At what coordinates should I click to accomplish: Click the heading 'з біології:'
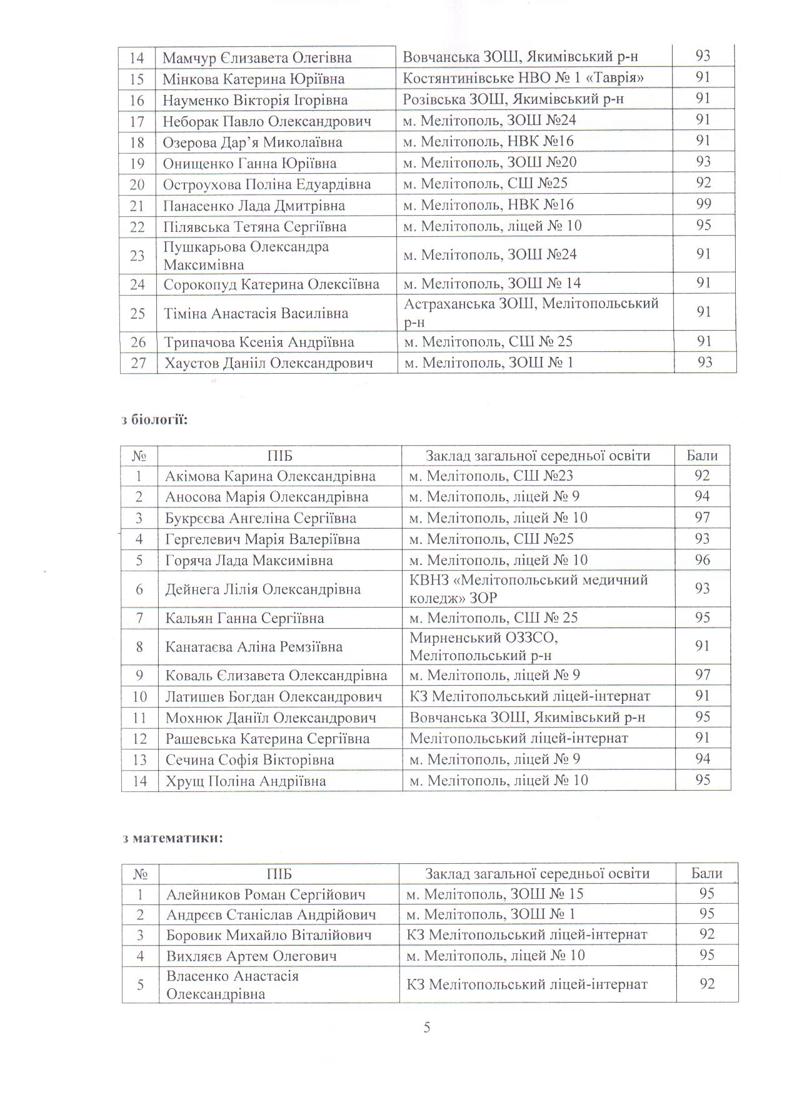coord(154,419)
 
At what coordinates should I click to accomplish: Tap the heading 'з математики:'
coord(173,838)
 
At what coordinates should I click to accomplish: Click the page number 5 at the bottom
coord(427,1028)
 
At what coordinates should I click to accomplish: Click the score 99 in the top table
coord(703,204)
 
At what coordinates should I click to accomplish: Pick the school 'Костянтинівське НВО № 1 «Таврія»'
coord(523,78)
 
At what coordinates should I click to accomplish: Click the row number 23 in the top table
coord(138,256)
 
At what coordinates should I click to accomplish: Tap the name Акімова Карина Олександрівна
coord(270,476)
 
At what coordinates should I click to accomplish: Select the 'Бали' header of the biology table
coord(702,456)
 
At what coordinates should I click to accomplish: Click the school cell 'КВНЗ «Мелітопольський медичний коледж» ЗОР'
coord(529,589)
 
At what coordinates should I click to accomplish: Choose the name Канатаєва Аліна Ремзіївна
coord(254,647)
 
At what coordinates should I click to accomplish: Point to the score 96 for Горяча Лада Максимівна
coord(703,559)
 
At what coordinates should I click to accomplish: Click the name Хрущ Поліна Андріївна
coord(245,781)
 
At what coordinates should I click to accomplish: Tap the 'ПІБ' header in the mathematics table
coord(279,874)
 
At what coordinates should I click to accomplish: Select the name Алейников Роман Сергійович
coord(266,894)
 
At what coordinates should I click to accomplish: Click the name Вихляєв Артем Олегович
coord(251,956)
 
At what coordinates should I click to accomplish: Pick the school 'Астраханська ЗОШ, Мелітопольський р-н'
coord(531,313)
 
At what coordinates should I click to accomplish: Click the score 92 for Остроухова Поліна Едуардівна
coord(703,183)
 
